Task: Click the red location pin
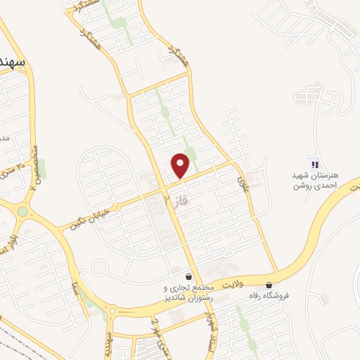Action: [181, 165]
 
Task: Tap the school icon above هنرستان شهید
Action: [315, 164]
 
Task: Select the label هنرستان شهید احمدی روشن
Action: [316, 180]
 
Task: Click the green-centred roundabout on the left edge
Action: [22, 210]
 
